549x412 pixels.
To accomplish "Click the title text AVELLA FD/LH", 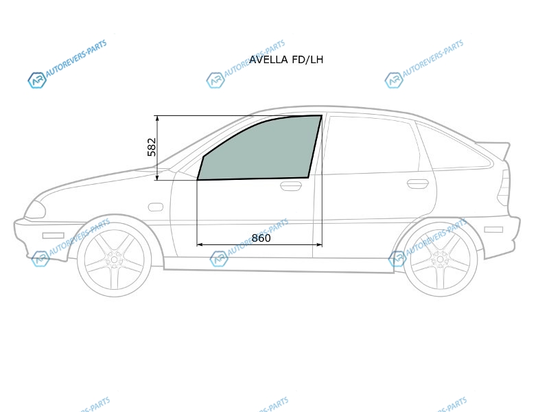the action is coord(286,60).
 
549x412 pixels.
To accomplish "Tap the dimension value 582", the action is coord(152,147).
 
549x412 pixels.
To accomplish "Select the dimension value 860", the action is coord(261,238).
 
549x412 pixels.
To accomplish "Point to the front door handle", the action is coord(291,186).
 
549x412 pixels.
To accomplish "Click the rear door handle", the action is coord(418,183).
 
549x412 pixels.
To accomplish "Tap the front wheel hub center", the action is coord(114,260).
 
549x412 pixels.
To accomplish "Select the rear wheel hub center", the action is coord(439,260).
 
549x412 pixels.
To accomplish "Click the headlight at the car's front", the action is coord(36,209).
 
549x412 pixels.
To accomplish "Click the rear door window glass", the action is coord(373,145).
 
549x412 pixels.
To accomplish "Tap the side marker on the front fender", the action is coord(156,207).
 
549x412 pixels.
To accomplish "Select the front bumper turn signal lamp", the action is coord(54,236).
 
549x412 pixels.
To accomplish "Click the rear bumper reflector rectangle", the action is coord(493,230).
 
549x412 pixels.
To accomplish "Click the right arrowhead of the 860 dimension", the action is coord(318,244).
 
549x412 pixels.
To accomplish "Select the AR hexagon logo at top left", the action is coord(37,80).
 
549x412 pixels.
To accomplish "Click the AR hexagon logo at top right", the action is coord(393,80).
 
